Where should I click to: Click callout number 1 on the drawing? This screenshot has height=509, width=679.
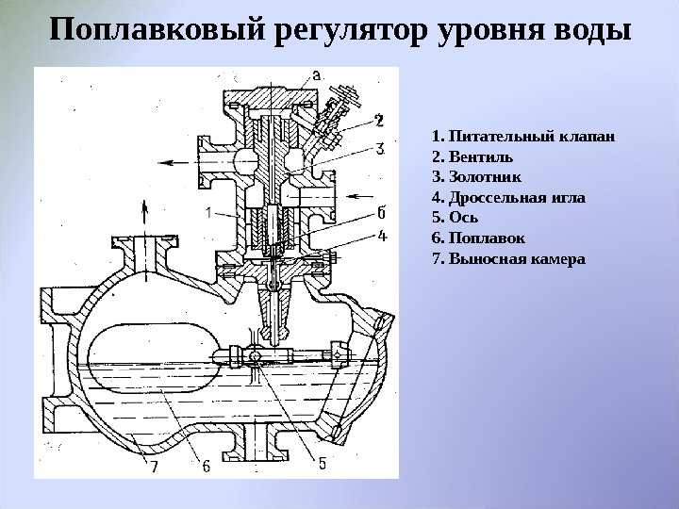pyautogui.click(x=206, y=213)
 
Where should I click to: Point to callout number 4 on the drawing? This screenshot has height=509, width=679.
pyautogui.click(x=381, y=236)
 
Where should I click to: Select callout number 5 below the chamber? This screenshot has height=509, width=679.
pyautogui.click(x=322, y=464)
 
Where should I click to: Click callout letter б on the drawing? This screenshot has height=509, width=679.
pyautogui.click(x=380, y=211)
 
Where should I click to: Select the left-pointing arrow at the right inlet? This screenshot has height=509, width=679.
pyautogui.click(x=357, y=196)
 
